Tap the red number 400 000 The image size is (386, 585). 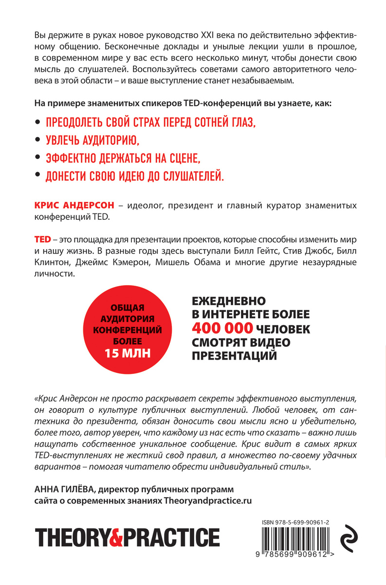pyautogui.click(x=217, y=328)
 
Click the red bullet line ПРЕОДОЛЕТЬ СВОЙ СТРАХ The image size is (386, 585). pyautogui.click(x=150, y=123)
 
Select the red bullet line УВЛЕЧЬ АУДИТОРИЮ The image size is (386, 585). pyautogui.click(x=92, y=140)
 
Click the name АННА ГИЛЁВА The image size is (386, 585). pyautogui.click(x=63, y=489)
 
